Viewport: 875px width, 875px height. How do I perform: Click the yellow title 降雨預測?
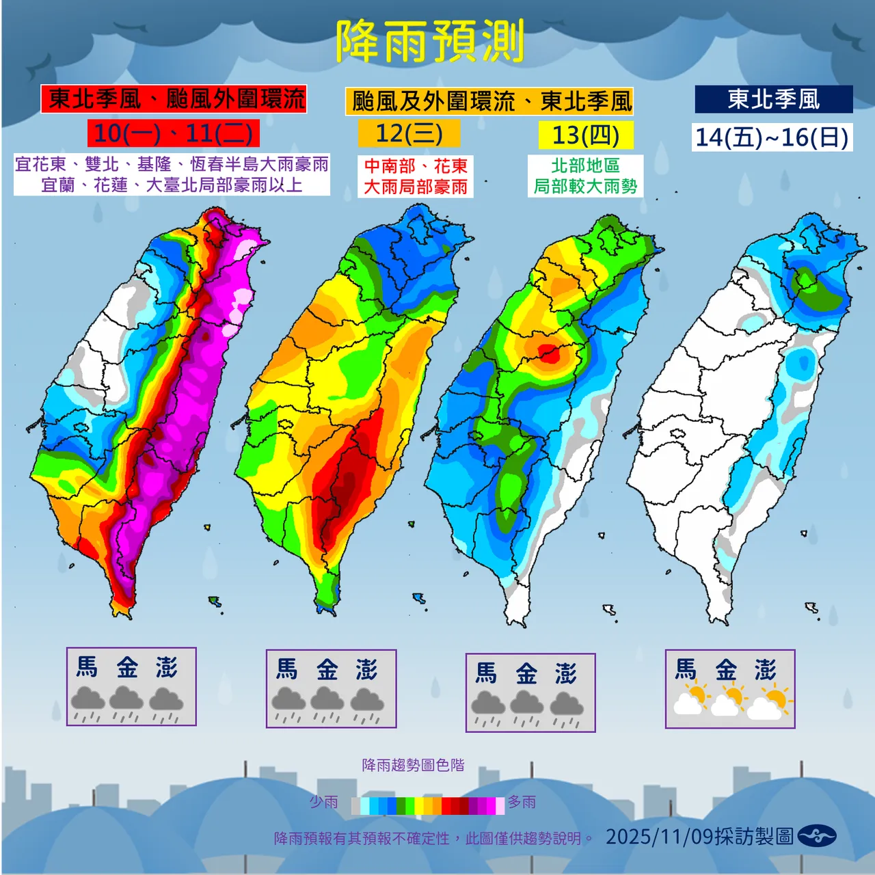[430, 41]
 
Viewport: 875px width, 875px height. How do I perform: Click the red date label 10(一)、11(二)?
[173, 133]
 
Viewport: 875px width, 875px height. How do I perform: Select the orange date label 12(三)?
[409, 133]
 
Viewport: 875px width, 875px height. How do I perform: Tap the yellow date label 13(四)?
[585, 135]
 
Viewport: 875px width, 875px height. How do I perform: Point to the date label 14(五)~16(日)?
[772, 137]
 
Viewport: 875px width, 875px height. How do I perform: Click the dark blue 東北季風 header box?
[773, 100]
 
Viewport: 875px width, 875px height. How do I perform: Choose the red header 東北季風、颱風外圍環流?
[174, 99]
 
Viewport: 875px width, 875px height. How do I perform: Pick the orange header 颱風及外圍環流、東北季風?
[489, 102]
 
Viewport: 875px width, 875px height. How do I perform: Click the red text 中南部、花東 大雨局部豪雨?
[415, 176]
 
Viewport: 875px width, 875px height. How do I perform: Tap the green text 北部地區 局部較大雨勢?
[585, 176]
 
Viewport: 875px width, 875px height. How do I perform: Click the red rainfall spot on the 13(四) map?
[549, 353]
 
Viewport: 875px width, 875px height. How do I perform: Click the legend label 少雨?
[323, 802]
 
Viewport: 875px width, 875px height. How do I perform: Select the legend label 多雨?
[522, 802]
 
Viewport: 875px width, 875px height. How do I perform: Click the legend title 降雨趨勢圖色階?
[413, 765]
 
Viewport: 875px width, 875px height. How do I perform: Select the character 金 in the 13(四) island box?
[526, 674]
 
